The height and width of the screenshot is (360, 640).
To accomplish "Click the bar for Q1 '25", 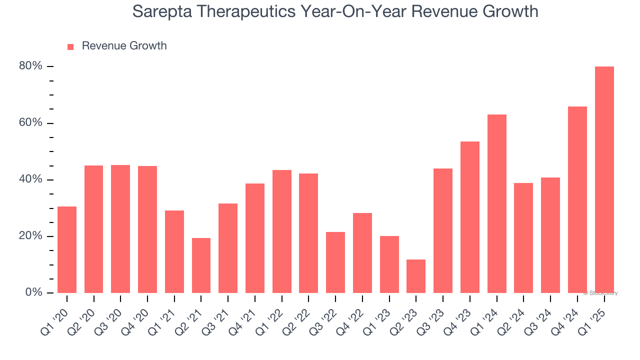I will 604,179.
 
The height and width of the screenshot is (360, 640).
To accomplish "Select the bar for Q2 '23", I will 416,276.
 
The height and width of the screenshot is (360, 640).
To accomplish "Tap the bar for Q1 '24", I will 496,203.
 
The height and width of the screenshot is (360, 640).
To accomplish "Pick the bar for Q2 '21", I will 201,265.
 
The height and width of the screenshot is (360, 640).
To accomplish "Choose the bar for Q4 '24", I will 577,199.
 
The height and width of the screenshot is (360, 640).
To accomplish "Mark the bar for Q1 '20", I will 67,249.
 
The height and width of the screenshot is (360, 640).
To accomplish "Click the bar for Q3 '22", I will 335,262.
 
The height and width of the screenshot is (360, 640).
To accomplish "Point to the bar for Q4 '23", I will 470,217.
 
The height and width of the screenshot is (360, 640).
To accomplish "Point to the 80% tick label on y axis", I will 30,66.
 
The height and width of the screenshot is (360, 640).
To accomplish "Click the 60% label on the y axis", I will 30,123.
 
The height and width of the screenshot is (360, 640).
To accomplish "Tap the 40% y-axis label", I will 30,179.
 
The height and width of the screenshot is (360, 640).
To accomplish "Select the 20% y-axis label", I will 30,236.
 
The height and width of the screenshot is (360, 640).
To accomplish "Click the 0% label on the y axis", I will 33,292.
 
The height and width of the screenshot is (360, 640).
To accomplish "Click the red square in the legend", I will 70,46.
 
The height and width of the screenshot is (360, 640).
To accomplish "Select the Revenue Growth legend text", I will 124,46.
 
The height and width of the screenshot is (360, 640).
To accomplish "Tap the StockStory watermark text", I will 600,293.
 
